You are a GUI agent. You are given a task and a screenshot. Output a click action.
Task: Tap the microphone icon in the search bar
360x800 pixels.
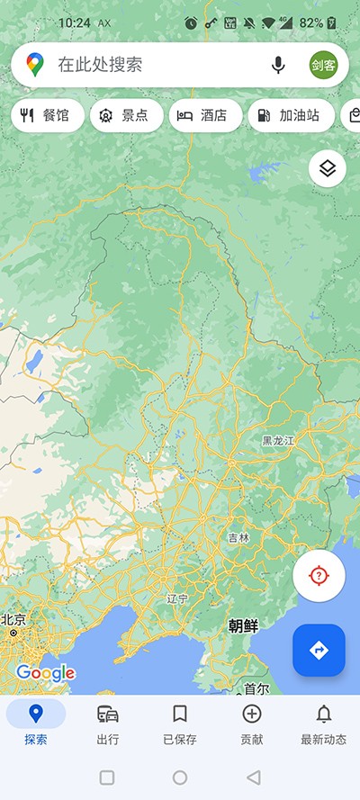(x=278, y=65)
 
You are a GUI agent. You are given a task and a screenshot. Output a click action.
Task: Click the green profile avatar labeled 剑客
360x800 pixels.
(x=324, y=65)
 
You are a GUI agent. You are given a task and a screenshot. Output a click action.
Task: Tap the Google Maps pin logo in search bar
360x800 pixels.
(x=35, y=65)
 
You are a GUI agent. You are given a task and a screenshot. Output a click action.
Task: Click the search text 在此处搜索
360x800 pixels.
(x=100, y=65)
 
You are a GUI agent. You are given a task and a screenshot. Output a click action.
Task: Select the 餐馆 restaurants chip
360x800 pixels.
(x=47, y=115)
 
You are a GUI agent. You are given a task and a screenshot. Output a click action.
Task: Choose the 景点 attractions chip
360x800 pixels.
(x=127, y=115)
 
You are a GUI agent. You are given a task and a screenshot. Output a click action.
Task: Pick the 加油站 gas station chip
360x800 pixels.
(x=290, y=115)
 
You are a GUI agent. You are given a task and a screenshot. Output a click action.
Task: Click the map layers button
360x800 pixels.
(x=328, y=168)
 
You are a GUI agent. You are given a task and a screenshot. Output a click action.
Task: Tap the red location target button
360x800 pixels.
(x=319, y=576)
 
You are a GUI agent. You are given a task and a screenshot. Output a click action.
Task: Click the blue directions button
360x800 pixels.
(x=319, y=650)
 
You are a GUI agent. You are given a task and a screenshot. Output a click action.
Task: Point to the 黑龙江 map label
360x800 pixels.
(x=278, y=441)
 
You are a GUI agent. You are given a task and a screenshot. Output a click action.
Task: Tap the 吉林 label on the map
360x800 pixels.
(x=238, y=537)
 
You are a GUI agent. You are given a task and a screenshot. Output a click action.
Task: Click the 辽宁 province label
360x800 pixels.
(x=177, y=598)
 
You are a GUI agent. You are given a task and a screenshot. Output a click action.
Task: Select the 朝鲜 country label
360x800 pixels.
(x=243, y=626)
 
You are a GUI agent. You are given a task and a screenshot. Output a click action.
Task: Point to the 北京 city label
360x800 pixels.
(x=13, y=620)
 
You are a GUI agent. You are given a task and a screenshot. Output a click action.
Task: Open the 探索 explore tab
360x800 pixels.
(x=36, y=724)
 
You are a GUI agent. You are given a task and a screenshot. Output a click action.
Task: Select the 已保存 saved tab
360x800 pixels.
(x=180, y=724)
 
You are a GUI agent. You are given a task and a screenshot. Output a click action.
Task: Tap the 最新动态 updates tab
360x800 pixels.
(x=323, y=724)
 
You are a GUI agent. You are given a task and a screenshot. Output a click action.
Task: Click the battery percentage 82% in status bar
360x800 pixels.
(x=311, y=22)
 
